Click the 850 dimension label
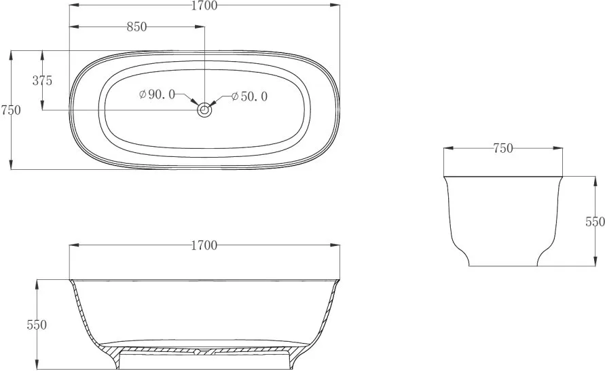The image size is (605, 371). [x=137, y=26]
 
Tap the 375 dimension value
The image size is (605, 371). [x=42, y=81]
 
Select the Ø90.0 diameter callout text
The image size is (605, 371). [x=157, y=94]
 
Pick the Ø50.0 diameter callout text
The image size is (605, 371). [x=249, y=96]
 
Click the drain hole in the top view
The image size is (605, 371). [x=204, y=110]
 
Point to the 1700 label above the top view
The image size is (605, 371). [x=204, y=5]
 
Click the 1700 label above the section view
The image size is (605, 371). [x=204, y=245]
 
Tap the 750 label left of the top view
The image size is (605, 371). [x=11, y=110]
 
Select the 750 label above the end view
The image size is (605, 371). [x=503, y=148]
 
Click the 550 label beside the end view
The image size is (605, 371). [x=595, y=222]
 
